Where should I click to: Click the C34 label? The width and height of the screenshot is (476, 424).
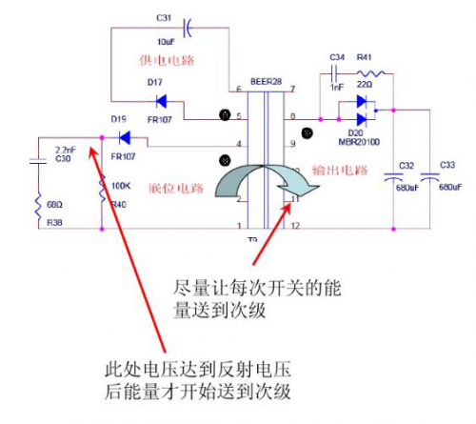point(337,58)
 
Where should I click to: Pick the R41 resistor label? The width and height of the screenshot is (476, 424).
point(367,58)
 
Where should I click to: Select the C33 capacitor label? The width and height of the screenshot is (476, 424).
point(453,164)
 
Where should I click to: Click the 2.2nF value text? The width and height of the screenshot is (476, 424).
point(66,150)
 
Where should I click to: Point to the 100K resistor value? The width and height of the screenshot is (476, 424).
point(122,184)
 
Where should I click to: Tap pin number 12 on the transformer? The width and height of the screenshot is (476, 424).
point(297,227)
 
